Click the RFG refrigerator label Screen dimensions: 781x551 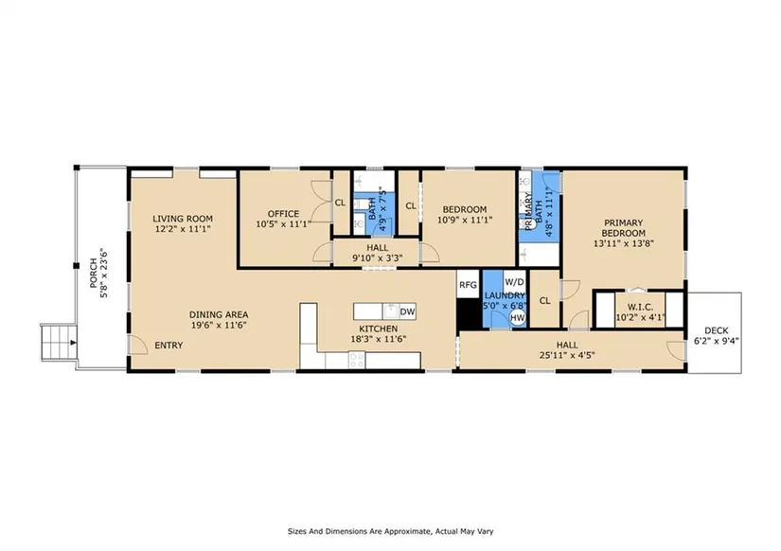[468, 285]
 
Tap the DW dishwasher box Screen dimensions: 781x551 [407, 311]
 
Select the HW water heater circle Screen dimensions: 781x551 [518, 317]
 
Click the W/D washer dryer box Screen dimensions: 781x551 [515, 282]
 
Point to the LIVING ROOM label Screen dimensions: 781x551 [183, 218]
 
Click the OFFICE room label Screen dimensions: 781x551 [283, 214]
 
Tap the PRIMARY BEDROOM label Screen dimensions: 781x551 [623, 227]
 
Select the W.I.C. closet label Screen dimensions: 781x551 [640, 308]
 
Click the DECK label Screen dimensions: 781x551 [717, 330]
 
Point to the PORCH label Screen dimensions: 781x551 [93, 274]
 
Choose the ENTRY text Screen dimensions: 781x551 [169, 346]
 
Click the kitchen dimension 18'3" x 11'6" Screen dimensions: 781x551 [379, 339]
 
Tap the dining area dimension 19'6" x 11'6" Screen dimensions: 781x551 [219, 326]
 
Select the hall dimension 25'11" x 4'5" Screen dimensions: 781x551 [567, 355]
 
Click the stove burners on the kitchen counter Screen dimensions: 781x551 [357, 360]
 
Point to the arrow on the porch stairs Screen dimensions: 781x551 [73, 343]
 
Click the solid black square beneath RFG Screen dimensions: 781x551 [470, 314]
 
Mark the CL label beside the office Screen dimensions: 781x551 [340, 203]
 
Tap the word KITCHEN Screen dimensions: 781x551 [379, 329]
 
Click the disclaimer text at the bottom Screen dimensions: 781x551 [390, 531]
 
